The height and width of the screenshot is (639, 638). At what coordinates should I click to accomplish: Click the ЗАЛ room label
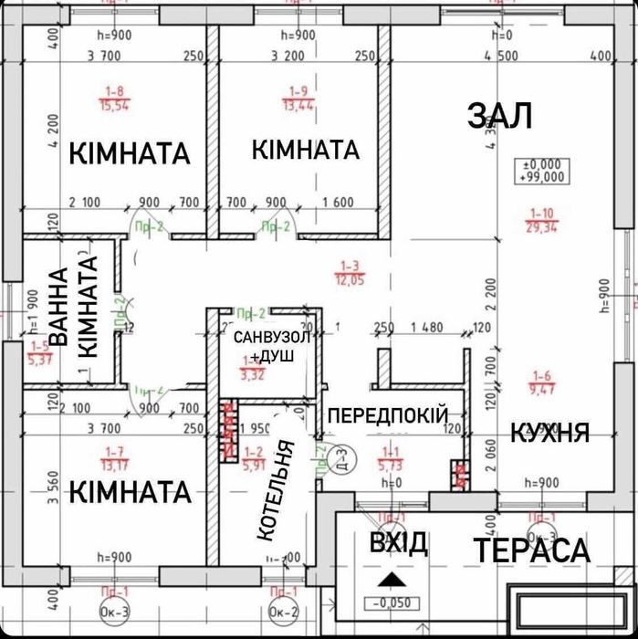[x=499, y=116]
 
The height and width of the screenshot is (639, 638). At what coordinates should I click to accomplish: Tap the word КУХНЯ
[x=549, y=432]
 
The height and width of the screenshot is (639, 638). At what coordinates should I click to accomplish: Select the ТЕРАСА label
[x=531, y=550]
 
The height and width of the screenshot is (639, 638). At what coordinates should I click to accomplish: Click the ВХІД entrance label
[x=398, y=544]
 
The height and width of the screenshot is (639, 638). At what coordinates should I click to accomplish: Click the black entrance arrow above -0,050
[x=390, y=579]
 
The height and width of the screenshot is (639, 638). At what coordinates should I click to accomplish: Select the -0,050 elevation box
[x=389, y=602]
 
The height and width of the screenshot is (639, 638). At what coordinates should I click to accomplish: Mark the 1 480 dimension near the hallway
[x=425, y=328]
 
